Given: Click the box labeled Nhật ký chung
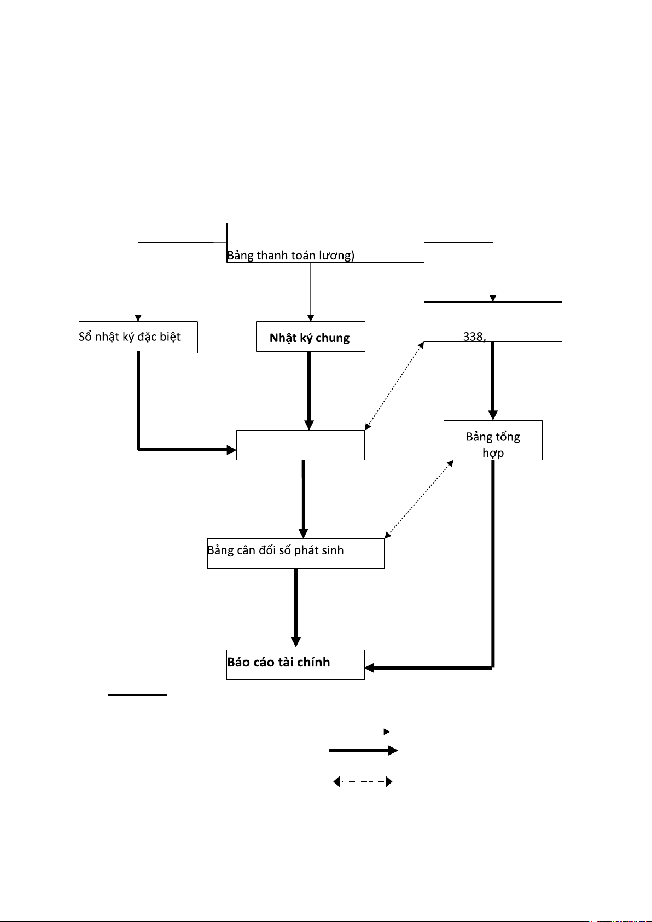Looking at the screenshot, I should [310, 337].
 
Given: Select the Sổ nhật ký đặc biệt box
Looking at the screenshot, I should [138, 337].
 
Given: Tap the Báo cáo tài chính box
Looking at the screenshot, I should [295, 664].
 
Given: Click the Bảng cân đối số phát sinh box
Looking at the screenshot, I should [295, 553].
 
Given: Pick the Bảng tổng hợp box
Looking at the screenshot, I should [493, 440].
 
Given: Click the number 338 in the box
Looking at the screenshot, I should [473, 337].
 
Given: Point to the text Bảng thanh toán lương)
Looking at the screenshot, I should [291, 256].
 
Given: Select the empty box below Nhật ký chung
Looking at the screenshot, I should [300, 445].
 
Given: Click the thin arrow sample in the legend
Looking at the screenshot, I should [356, 732].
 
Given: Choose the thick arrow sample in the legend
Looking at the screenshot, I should [363, 751].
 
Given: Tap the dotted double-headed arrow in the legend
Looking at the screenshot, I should [363, 782].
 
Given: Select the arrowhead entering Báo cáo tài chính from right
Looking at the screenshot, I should [369, 668].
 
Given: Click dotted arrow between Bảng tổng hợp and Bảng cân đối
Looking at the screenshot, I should [419, 499].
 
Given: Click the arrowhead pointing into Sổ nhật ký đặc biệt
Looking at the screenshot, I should [138, 318].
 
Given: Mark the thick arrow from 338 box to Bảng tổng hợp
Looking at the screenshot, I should [493, 380].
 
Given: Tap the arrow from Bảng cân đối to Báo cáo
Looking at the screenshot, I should [296, 607].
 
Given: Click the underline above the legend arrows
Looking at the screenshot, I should [137, 695].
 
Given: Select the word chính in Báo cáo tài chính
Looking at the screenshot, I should [313, 663].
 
